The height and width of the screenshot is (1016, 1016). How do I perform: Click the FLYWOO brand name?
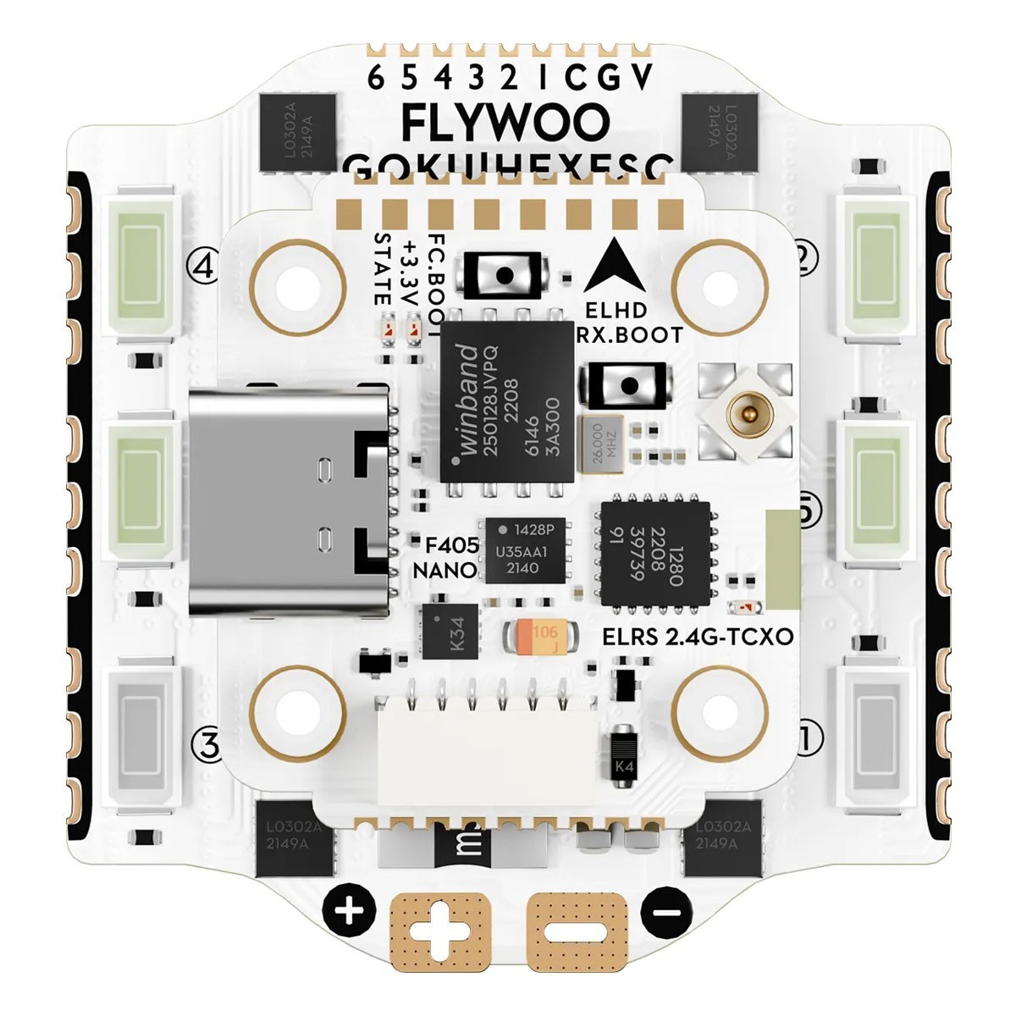[505, 124]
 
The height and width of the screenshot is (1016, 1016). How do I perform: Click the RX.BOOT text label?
[628, 334]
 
